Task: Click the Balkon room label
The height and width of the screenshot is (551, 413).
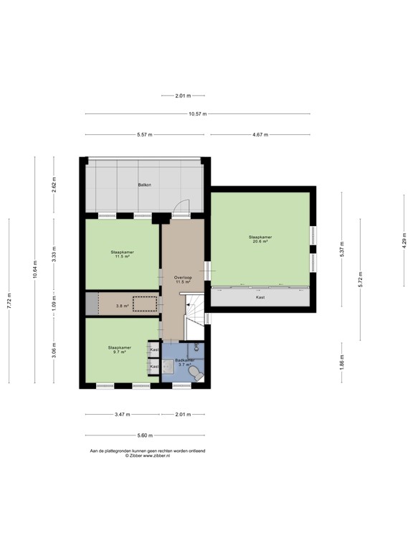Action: coord(145,185)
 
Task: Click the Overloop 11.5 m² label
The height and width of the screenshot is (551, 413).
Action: coord(182,279)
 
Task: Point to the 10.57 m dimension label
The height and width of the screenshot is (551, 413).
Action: coord(199,114)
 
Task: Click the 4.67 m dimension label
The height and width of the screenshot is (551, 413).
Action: coord(261,135)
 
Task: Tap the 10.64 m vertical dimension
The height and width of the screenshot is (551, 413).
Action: coord(34,273)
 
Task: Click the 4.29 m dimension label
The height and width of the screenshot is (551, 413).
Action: coord(404,242)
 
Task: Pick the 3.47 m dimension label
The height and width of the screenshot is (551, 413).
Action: coord(122,415)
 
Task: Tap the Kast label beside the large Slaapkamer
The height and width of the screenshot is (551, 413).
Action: coord(260,296)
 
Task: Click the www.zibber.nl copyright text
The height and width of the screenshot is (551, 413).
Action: coord(146,455)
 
